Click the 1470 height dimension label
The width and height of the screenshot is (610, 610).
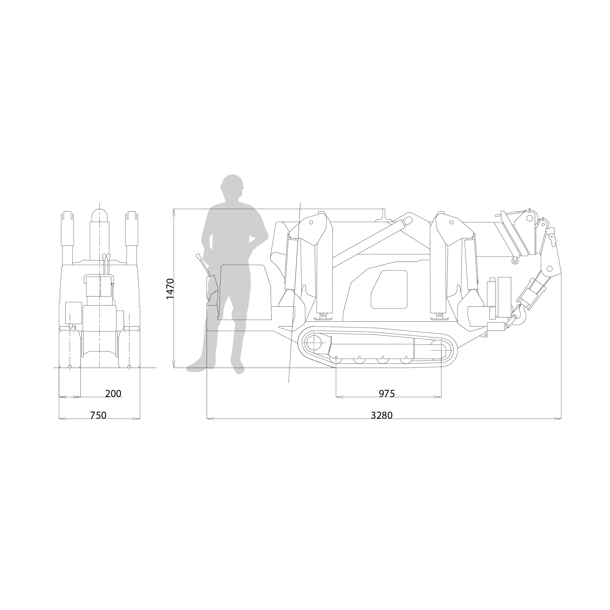[170, 289]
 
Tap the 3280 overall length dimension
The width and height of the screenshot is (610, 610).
[381, 416]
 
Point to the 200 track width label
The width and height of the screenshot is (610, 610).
[113, 394]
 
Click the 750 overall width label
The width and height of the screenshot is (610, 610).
[98, 416]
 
